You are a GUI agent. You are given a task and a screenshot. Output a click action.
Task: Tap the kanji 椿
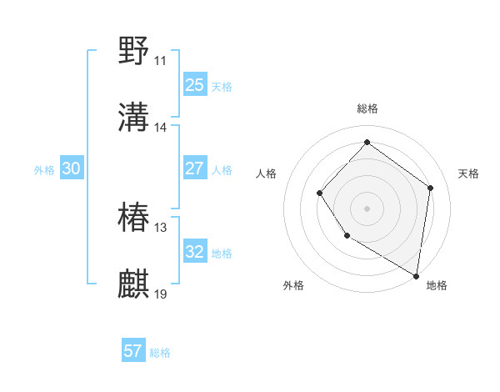click(x=134, y=218)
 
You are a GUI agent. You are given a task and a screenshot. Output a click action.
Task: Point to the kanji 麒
click(x=134, y=284)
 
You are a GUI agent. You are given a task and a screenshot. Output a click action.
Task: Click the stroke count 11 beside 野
click(x=160, y=61)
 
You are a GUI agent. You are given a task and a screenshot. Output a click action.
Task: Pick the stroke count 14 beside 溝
click(x=160, y=128)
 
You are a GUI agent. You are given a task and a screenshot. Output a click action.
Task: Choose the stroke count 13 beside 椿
click(x=160, y=228)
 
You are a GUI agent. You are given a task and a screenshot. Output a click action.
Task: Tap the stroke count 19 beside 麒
click(x=160, y=294)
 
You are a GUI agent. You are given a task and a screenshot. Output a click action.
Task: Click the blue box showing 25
click(x=194, y=85)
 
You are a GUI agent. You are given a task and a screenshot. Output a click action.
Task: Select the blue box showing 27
click(x=194, y=168)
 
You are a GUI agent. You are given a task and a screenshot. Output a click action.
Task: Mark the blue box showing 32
click(x=194, y=252)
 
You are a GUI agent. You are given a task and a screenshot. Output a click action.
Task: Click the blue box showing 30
click(x=72, y=168)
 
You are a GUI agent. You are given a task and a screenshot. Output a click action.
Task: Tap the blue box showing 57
click(x=133, y=351)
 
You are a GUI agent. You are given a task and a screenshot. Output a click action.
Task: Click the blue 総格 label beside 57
click(x=160, y=353)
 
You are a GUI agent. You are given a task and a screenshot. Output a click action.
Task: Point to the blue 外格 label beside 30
click(x=44, y=170)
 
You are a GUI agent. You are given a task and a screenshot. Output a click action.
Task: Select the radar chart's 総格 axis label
click(x=367, y=108)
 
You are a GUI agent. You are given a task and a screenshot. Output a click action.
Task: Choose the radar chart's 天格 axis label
click(x=468, y=173)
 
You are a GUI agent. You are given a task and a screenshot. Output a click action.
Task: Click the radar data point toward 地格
click(x=416, y=275)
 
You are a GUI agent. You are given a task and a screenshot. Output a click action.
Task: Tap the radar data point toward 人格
click(x=320, y=193)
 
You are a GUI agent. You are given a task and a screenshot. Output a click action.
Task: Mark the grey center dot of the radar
click(x=367, y=208)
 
